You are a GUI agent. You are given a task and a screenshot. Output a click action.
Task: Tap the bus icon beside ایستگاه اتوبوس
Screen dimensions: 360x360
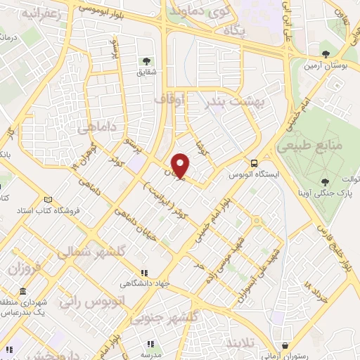click(x=255, y=160)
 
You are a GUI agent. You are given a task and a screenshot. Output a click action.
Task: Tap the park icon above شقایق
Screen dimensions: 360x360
click(x=147, y=62)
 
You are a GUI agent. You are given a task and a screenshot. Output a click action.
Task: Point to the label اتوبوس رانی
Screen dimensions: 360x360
click(x=91, y=302)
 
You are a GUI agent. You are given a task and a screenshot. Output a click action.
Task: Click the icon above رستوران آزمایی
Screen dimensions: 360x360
click(x=284, y=346)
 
